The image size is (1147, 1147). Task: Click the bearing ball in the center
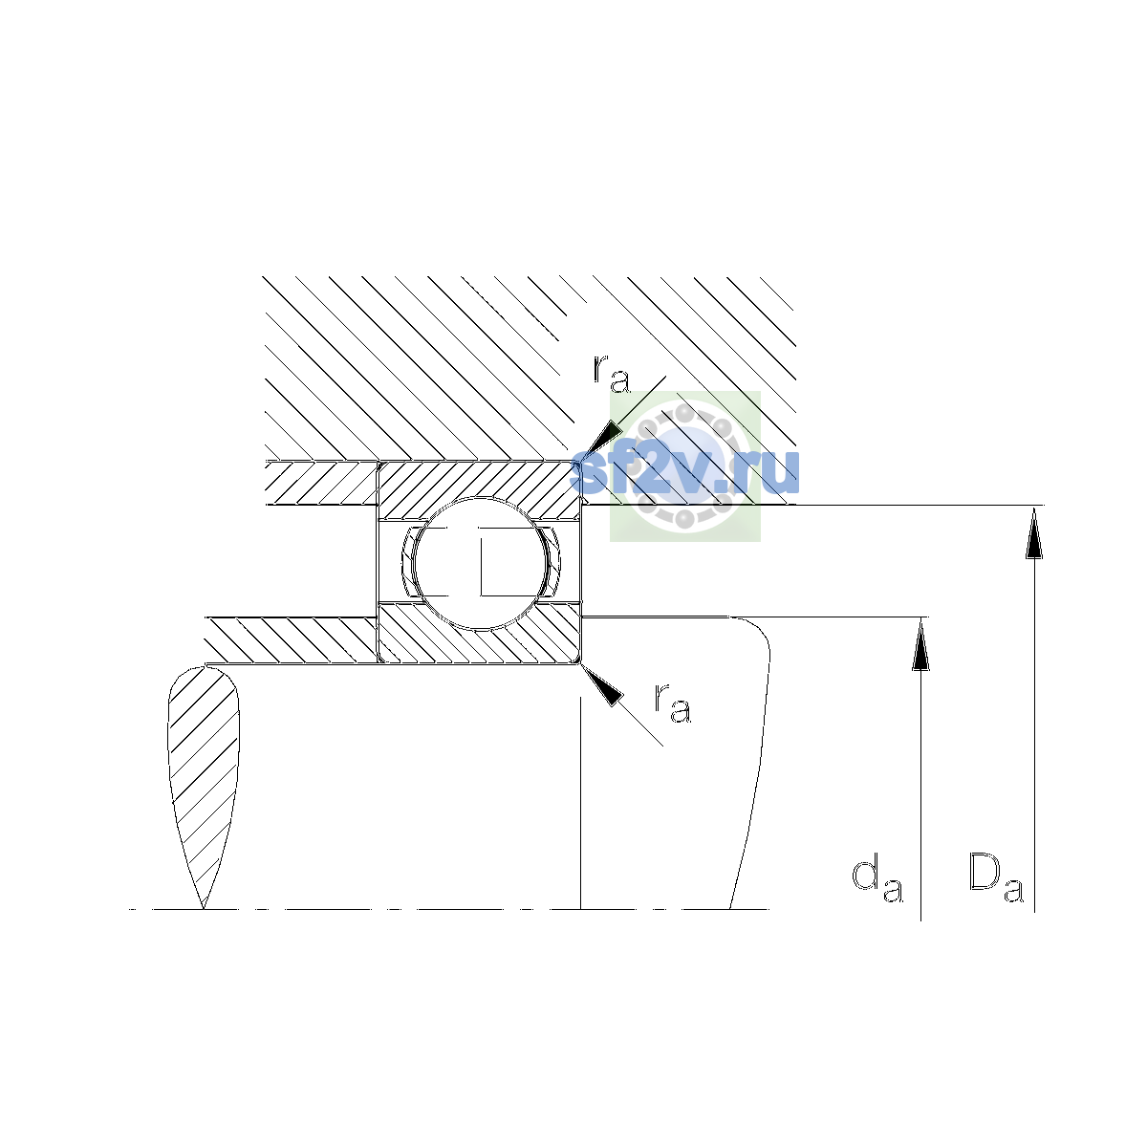pos(480,563)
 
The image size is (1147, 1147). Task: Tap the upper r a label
pos(612,374)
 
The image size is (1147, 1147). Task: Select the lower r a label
pos(673,703)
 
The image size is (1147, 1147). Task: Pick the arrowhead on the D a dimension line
pos(1034,532)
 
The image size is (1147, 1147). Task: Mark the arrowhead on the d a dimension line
pos(920,643)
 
